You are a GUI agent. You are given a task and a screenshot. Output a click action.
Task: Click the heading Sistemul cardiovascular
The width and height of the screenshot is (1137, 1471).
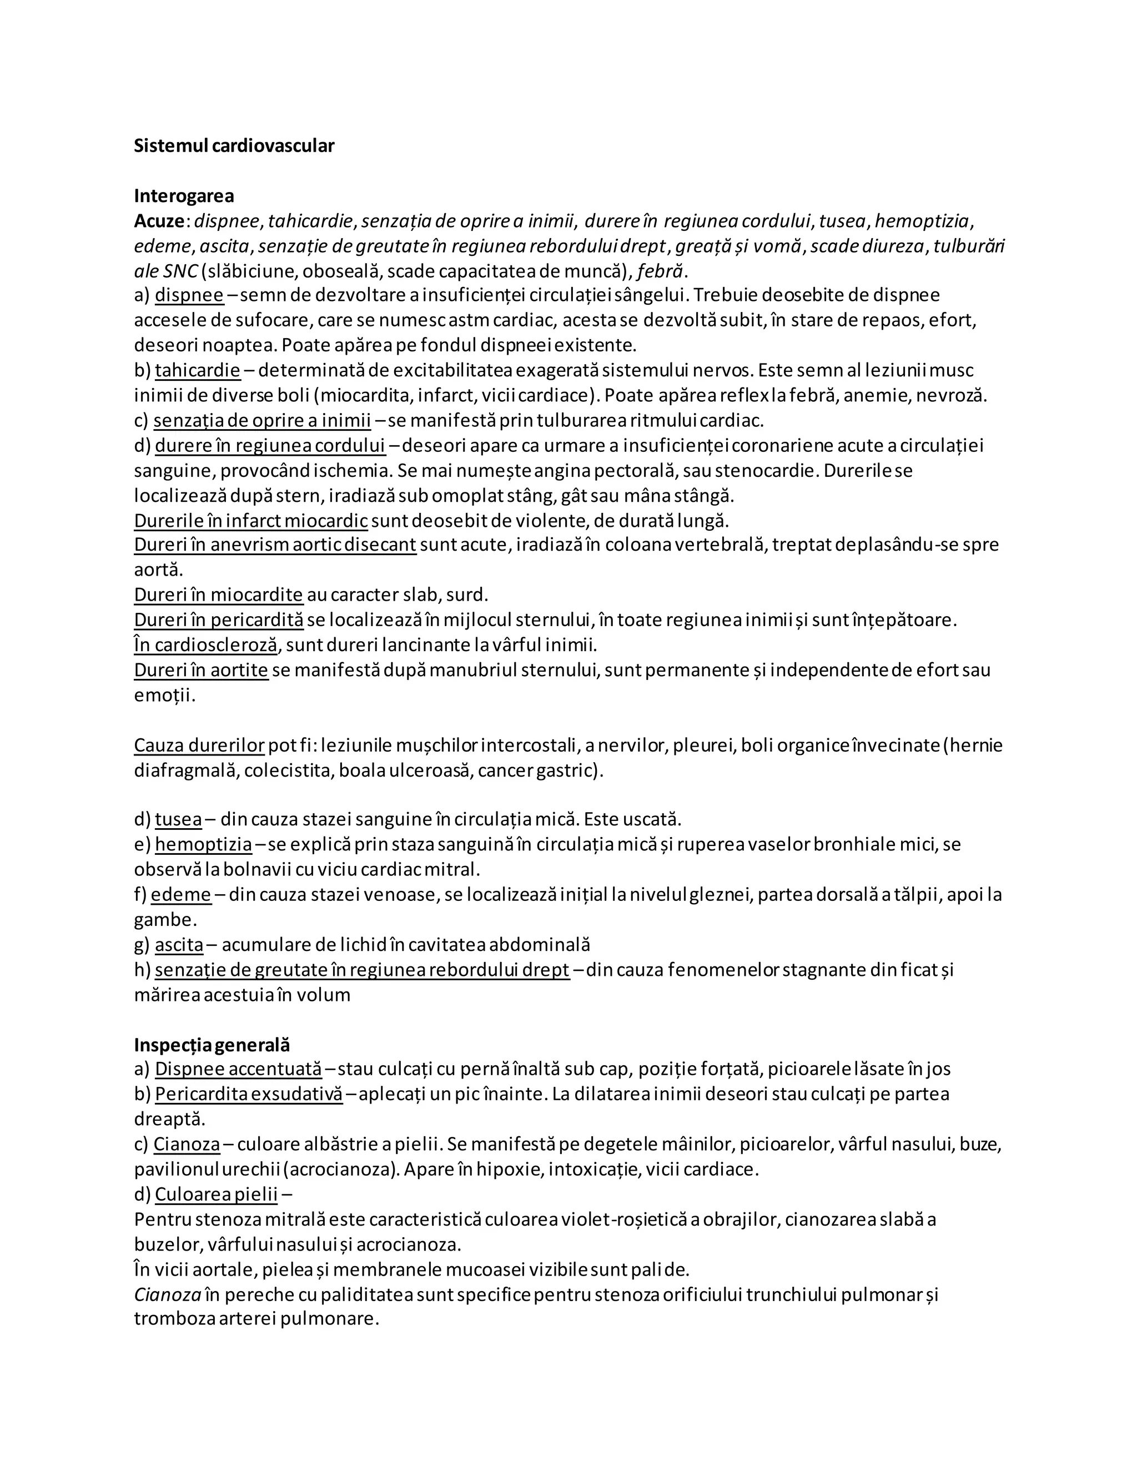pos(234,145)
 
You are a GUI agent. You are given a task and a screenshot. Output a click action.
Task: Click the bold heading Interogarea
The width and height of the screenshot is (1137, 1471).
pos(184,196)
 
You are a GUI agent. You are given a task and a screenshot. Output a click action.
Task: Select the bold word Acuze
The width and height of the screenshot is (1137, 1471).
pos(159,221)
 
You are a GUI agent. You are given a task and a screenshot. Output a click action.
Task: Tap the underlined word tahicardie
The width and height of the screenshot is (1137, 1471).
pos(197,370)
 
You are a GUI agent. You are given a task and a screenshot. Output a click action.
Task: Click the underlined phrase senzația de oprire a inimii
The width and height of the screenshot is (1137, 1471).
pos(262,420)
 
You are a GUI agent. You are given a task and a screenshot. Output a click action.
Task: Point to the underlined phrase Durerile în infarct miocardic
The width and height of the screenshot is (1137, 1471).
pos(250,521)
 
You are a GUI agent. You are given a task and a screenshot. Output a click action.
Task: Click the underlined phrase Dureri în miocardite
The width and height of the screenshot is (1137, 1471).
pos(218,595)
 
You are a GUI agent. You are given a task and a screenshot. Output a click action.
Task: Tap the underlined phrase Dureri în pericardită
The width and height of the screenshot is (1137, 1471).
pos(218,619)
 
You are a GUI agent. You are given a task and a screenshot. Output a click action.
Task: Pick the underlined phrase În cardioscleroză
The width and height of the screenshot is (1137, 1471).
pos(205,644)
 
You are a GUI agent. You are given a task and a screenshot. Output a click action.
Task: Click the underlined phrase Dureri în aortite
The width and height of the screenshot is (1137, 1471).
pos(201,670)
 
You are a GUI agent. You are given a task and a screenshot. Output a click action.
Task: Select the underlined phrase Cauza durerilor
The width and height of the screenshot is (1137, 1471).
pos(199,745)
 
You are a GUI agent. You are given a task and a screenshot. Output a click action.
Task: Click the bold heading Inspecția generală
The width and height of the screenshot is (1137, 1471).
pos(212,1045)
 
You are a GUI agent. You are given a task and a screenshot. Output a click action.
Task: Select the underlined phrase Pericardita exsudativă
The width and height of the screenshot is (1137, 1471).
pos(249,1094)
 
